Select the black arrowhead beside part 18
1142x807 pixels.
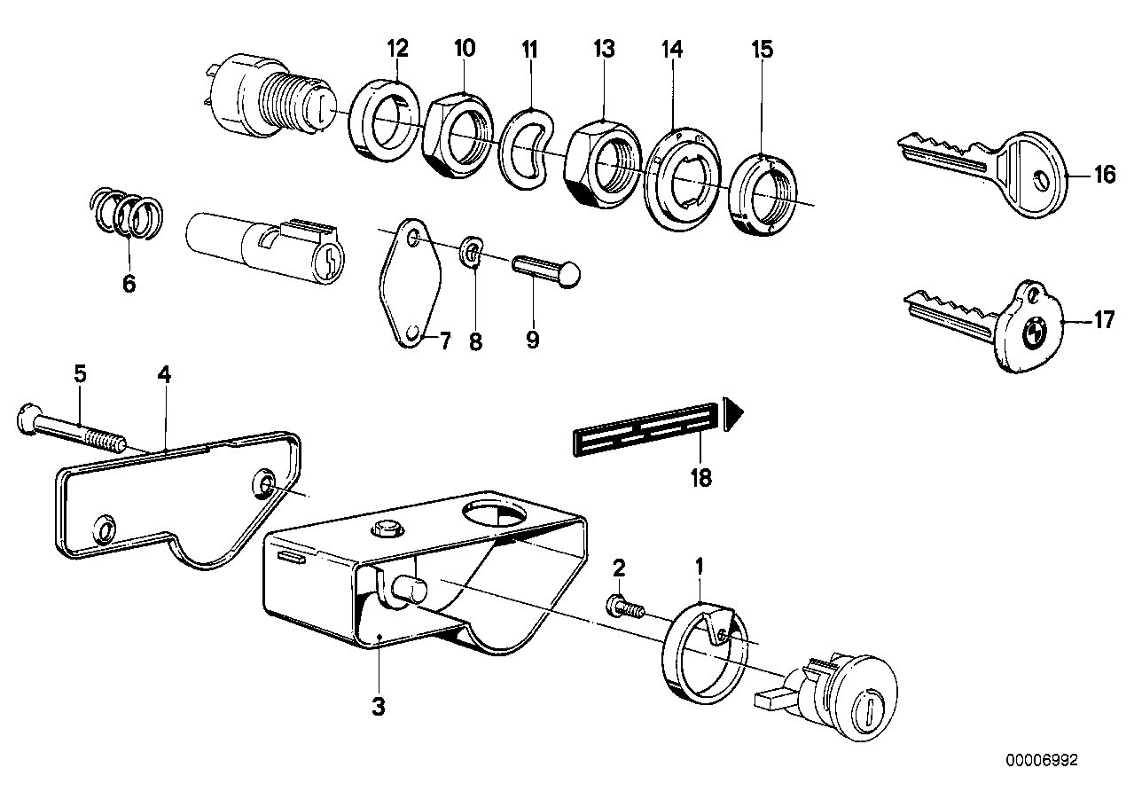[x=732, y=414]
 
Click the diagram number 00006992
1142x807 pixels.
[x=1042, y=760]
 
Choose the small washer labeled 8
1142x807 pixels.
[x=473, y=255]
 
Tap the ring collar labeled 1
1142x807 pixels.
[x=700, y=652]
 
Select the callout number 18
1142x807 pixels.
[x=700, y=479]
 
